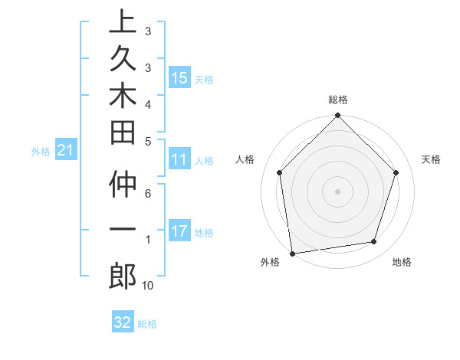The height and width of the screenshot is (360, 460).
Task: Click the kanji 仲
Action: [123, 188]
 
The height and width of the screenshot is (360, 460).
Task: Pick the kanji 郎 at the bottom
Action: [123, 276]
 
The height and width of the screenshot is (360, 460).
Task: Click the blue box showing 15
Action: [179, 77]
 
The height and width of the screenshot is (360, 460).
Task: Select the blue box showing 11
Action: [179, 159]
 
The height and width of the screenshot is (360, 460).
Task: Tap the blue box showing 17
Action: [179, 231]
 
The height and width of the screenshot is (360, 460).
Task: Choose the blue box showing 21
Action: [65, 151]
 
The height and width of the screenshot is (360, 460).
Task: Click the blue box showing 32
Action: [123, 322]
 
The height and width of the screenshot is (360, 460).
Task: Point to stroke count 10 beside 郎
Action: [147, 286]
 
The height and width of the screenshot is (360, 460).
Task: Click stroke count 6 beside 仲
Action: [147, 194]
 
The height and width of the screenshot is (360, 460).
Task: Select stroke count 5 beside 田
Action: [147, 140]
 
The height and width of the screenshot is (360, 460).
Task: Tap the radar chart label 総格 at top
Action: [338, 100]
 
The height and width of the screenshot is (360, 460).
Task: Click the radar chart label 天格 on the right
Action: [431, 159]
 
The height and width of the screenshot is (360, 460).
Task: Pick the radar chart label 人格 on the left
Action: [245, 159]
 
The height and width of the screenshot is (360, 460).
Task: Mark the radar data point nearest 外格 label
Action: [292, 253]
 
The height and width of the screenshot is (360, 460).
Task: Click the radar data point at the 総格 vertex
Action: [338, 116]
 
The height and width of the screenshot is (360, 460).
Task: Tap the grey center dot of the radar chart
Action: [338, 191]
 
